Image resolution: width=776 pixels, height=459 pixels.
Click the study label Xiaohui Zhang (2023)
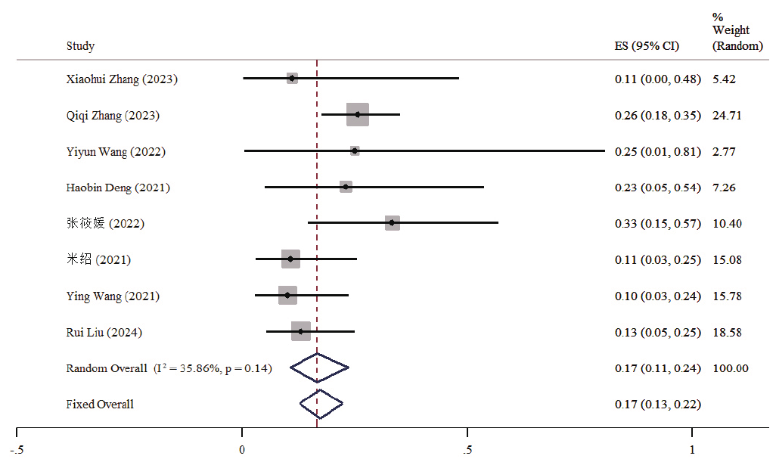(x=122, y=79)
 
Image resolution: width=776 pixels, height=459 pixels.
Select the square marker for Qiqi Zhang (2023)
(x=358, y=115)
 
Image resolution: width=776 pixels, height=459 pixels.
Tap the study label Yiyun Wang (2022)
(x=116, y=151)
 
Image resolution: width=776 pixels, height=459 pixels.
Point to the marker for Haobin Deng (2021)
(x=346, y=187)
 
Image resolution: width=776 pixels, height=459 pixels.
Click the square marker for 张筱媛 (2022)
(x=392, y=223)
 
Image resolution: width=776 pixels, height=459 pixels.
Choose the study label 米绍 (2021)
(x=98, y=259)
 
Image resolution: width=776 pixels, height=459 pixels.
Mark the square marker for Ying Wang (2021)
(x=287, y=295)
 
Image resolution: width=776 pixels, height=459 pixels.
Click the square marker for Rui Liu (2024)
(x=301, y=331)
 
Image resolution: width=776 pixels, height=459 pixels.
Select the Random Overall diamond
(x=318, y=368)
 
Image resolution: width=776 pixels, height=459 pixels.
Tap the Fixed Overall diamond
(x=321, y=404)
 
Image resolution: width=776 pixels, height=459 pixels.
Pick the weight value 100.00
(x=731, y=368)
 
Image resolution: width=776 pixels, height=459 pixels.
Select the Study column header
(x=80, y=46)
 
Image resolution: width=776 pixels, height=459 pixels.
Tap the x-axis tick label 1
(x=692, y=449)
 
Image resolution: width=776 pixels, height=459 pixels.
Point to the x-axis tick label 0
(x=242, y=449)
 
